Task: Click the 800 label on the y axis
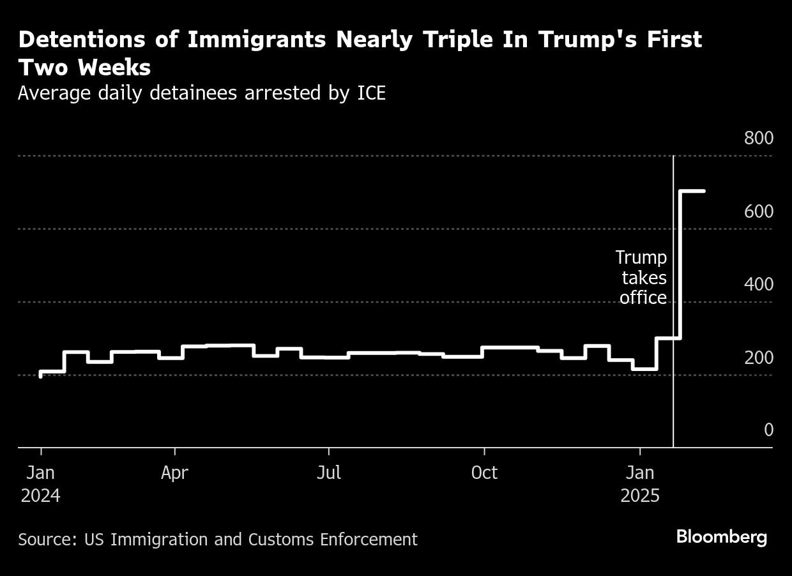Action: pos(758,139)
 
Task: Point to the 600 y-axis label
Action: pos(758,212)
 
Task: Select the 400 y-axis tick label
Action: pos(758,285)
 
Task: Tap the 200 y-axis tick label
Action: pos(758,358)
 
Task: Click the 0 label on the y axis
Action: pos(768,430)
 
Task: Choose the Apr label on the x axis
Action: pos(174,473)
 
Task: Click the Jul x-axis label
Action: pos(328,473)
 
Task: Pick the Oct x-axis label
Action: pos(484,473)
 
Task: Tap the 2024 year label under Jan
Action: pos(40,496)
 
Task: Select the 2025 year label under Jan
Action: pos(639,496)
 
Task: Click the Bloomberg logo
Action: pos(721,537)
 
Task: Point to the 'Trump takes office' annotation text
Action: pos(642,278)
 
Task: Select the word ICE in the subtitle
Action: pos(369,93)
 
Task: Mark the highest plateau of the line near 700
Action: pos(692,191)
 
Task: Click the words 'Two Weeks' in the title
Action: pos(84,68)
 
